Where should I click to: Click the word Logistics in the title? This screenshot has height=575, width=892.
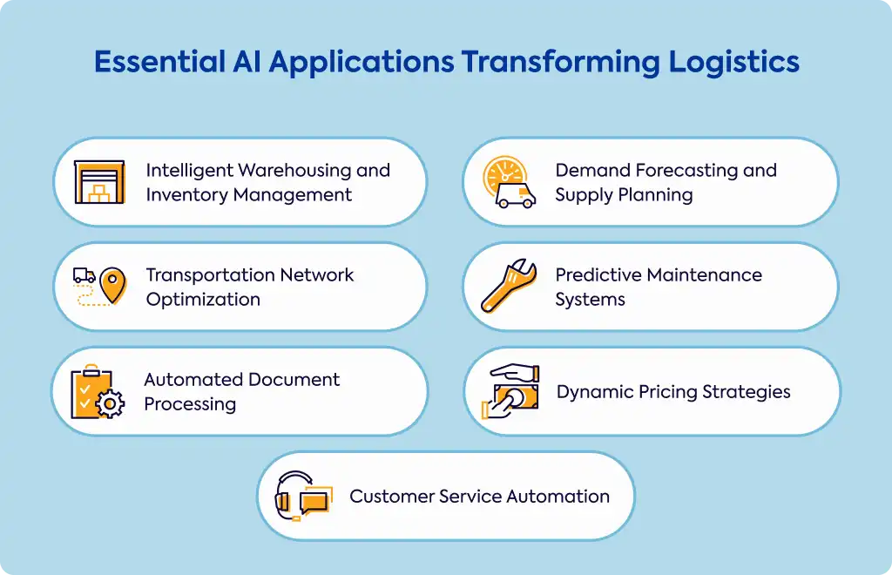click(733, 63)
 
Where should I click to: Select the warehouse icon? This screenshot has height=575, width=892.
click(99, 182)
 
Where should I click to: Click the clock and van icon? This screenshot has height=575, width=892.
click(509, 182)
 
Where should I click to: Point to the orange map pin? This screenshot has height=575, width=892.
click(112, 285)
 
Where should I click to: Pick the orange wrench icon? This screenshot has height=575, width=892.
click(509, 286)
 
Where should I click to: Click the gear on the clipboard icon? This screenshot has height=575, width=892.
click(110, 404)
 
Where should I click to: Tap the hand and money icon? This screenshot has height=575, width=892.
click(510, 391)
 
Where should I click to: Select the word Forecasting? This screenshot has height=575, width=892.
click(686, 171)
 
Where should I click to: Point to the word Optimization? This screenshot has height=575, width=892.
click(203, 300)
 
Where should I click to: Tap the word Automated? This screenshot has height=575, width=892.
click(193, 379)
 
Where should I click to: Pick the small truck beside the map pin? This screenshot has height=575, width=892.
click(84, 276)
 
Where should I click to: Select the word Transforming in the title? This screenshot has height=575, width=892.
click(560, 63)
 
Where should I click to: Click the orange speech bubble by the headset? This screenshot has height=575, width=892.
click(315, 500)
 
